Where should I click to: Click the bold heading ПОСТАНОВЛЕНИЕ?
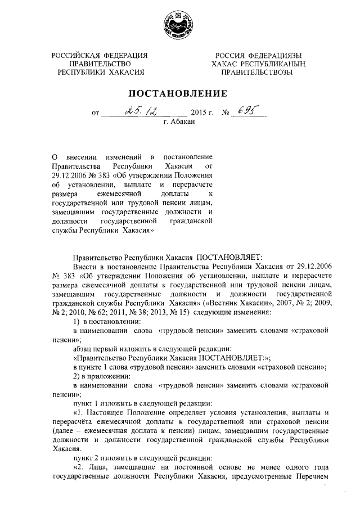(x=179, y=93)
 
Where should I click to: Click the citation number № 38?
(x=141, y=312)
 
